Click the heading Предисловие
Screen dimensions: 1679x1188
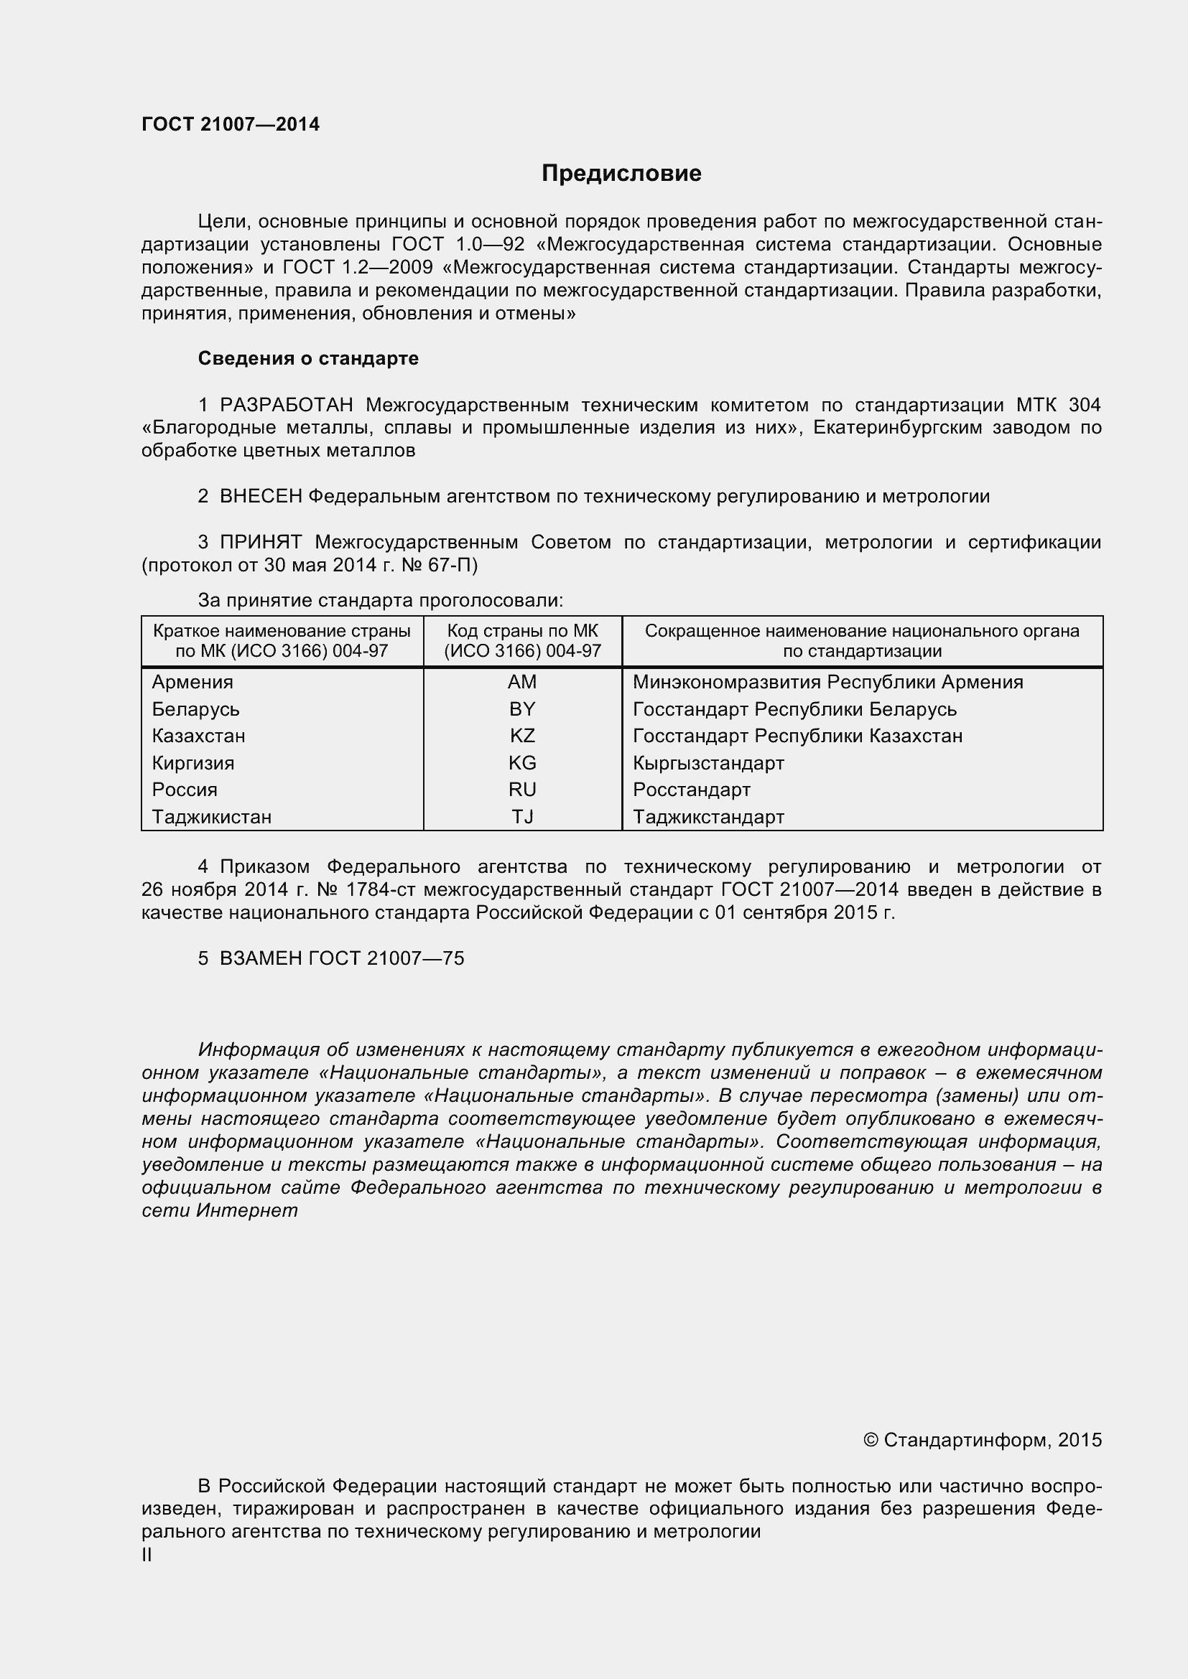coord(621,173)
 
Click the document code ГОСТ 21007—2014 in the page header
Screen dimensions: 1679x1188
coord(231,124)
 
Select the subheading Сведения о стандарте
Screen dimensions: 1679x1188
coord(308,358)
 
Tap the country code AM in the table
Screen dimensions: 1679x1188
coord(521,681)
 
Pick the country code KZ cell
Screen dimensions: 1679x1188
coord(522,736)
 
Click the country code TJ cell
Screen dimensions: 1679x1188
coord(522,817)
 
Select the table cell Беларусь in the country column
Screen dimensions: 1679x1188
coord(195,709)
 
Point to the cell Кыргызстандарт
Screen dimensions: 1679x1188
coord(708,764)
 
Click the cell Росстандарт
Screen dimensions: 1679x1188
coord(691,790)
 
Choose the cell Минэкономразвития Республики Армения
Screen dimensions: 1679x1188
coord(827,682)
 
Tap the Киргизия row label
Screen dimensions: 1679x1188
coord(193,764)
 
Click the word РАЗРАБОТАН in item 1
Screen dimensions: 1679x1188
coord(287,404)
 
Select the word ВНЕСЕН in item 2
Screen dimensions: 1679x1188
coord(261,497)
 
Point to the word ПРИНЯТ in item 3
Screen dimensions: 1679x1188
coord(261,542)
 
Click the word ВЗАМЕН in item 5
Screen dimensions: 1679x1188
coord(261,959)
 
